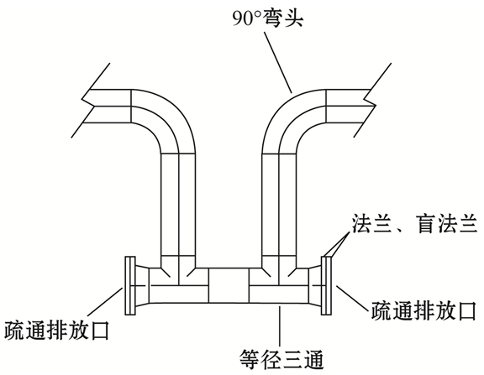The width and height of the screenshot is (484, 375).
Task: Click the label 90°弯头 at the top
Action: point(268,18)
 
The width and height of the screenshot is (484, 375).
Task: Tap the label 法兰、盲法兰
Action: point(414,224)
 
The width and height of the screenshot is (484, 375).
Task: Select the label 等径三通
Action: point(281,359)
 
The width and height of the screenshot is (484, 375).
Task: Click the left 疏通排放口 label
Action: point(57,330)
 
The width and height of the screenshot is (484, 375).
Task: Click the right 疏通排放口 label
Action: point(423,311)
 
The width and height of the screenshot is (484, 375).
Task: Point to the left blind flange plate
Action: point(130,285)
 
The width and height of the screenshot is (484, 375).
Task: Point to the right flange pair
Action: point(326,285)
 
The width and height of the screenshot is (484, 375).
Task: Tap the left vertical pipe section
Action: point(178,205)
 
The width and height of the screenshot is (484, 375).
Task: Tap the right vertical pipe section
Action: point(279,205)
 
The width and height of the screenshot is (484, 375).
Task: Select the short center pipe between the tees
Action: point(229,285)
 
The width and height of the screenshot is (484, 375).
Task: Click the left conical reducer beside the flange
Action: point(142,285)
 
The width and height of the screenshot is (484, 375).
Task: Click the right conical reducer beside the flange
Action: point(314,285)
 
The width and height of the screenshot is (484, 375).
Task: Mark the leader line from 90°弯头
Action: point(277,61)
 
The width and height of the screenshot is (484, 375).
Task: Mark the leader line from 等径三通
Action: point(280,326)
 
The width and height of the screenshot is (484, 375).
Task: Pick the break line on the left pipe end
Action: point(91,101)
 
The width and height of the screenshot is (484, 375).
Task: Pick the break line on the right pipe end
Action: point(372,101)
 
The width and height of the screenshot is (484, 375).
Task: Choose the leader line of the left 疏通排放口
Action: point(106,302)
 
